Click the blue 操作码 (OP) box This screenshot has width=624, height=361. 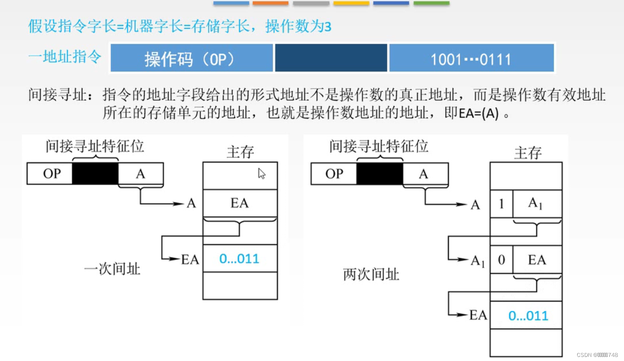192,58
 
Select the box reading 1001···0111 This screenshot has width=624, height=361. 471,58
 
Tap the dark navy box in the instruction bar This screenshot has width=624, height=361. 331,58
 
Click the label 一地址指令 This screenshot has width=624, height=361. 65,57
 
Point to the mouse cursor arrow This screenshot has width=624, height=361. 261,174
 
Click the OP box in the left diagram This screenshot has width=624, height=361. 50,174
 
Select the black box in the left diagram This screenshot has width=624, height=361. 95,174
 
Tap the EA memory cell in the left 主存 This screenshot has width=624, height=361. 240,203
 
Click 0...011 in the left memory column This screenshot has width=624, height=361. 240,258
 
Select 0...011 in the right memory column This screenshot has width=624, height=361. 528,315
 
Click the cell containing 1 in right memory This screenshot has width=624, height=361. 501,203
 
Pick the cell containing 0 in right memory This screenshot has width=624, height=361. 501,259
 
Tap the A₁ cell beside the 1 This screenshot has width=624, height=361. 537,203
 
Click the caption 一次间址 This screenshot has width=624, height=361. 112,269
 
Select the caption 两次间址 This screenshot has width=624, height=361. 371,274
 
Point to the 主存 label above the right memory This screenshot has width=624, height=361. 528,153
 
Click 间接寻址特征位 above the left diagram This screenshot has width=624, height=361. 95,146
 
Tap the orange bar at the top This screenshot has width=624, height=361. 270,3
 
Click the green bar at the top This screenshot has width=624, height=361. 431,3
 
